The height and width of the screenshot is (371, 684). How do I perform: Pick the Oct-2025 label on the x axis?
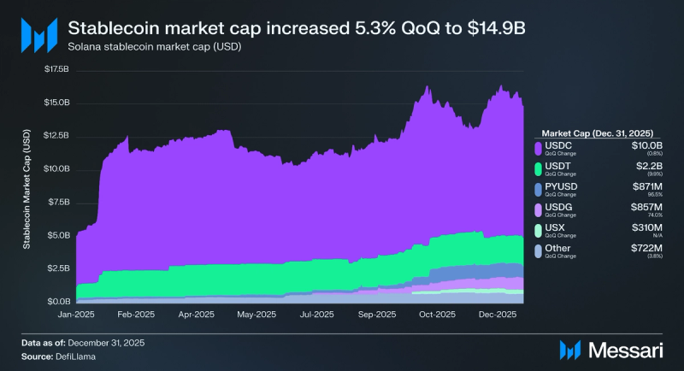pyautogui.click(x=436, y=315)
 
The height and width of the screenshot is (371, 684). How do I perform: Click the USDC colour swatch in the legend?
pyautogui.click(x=538, y=150)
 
